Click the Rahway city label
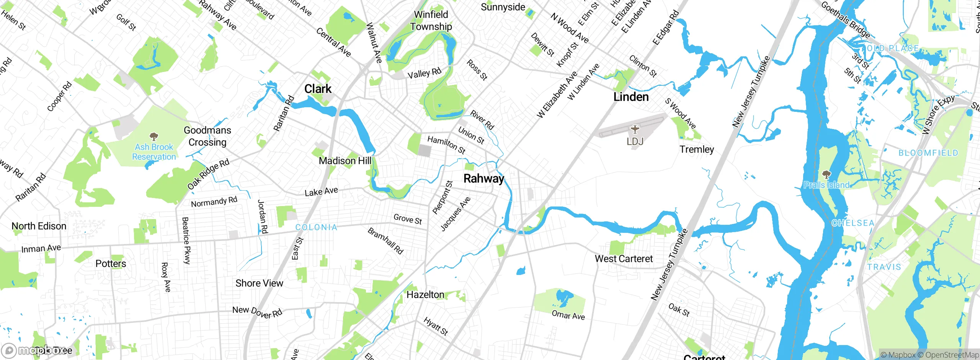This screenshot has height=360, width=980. (483, 178)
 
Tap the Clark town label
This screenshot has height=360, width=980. (318, 89)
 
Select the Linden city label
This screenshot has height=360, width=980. (631, 97)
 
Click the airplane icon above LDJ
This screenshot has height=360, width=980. (635, 129)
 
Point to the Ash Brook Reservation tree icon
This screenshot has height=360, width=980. (154, 137)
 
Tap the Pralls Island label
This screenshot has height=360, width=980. (826, 185)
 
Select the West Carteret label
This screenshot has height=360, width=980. (624, 259)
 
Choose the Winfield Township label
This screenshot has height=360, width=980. (431, 21)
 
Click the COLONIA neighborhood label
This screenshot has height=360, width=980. (316, 227)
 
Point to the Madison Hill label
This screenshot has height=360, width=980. (345, 161)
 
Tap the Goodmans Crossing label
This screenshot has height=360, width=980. (207, 136)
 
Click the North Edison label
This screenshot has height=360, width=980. (39, 226)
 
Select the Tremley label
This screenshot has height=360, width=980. (697, 149)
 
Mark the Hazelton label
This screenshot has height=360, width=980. (425, 295)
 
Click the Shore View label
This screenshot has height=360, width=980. (259, 283)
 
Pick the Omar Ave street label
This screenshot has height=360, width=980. (568, 315)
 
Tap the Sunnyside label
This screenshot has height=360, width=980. (503, 7)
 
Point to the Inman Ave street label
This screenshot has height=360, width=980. (41, 249)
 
